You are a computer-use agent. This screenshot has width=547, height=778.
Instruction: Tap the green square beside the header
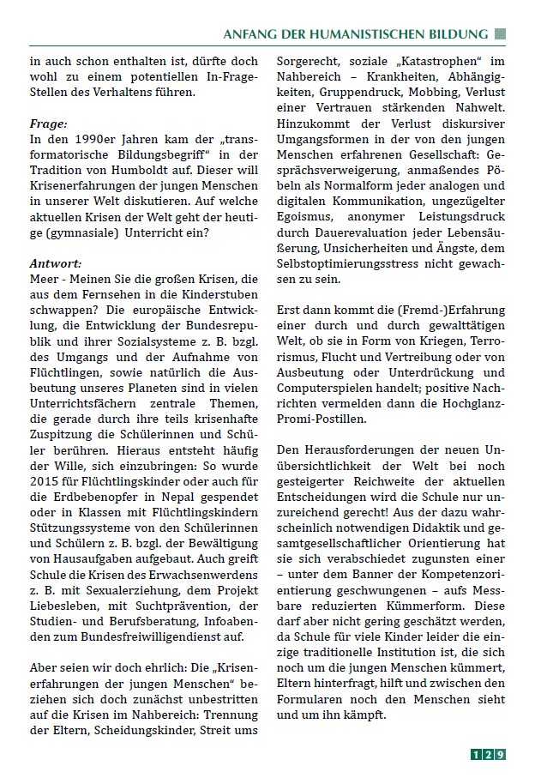pos(501,34)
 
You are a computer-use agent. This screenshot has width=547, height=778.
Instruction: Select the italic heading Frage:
pos(49,124)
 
